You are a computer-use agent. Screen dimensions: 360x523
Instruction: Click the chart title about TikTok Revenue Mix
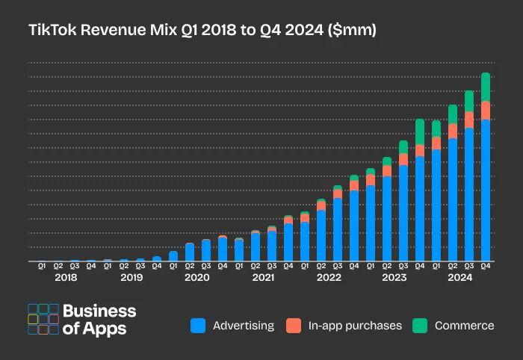pyautogui.click(x=202, y=31)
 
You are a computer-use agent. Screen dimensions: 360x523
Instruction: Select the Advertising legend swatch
pyautogui.click(x=198, y=326)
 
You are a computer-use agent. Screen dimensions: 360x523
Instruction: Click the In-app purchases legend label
pyautogui.click(x=355, y=326)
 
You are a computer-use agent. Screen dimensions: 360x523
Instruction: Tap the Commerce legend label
pyautogui.click(x=464, y=326)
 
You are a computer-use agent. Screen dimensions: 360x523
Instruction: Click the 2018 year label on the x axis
pyautogui.click(x=66, y=278)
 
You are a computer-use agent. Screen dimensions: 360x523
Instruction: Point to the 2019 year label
pyautogui.click(x=131, y=278)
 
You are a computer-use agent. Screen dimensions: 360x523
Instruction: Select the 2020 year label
pyautogui.click(x=197, y=278)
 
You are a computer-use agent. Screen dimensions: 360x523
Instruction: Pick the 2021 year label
pyautogui.click(x=263, y=278)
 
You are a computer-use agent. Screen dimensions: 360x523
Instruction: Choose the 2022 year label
pyautogui.click(x=329, y=278)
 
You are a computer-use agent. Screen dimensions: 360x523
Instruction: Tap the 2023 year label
pyautogui.click(x=394, y=278)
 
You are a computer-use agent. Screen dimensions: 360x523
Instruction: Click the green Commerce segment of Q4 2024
pyautogui.click(x=486, y=87)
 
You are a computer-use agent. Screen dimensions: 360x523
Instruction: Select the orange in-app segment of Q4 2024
pyautogui.click(x=486, y=110)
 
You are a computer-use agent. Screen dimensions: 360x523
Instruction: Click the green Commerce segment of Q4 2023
pyautogui.click(x=420, y=131)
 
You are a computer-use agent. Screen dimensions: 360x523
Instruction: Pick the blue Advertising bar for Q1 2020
pyautogui.click(x=173, y=256)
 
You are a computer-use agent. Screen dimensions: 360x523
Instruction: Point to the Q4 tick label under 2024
pyautogui.click(x=486, y=266)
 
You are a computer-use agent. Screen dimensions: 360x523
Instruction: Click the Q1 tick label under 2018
pyautogui.click(x=42, y=266)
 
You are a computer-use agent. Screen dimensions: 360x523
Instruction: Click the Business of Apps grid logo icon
pyautogui.click(x=43, y=319)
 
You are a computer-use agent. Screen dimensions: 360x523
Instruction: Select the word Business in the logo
pyautogui.click(x=99, y=311)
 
